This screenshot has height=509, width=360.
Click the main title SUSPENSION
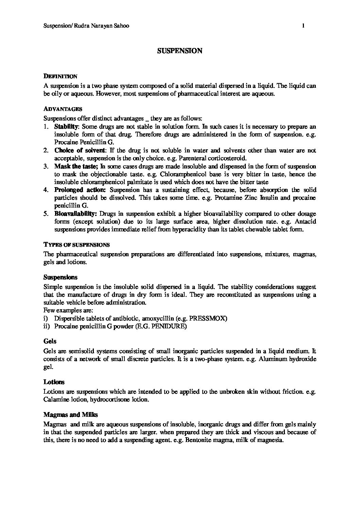180,51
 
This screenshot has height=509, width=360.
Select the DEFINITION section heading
61,77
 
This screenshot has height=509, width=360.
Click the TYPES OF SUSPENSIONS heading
76,245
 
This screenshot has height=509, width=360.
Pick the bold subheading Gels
50,341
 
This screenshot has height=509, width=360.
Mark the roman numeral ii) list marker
47,326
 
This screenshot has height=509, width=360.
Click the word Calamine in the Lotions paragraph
55,399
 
